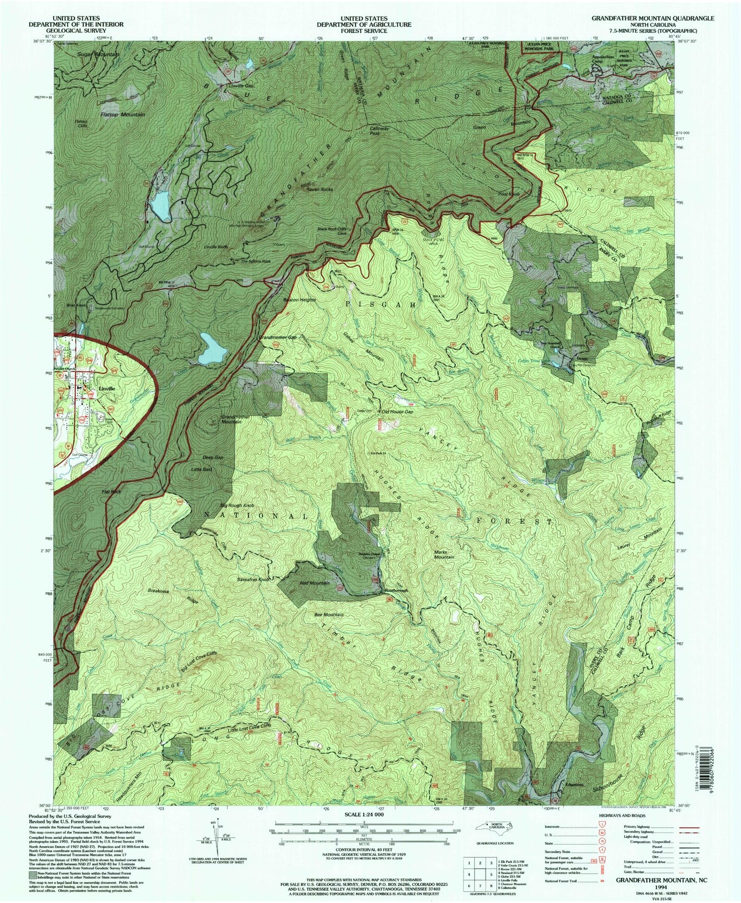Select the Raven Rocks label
[x=319, y=189]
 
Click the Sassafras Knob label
[x=253, y=579]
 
